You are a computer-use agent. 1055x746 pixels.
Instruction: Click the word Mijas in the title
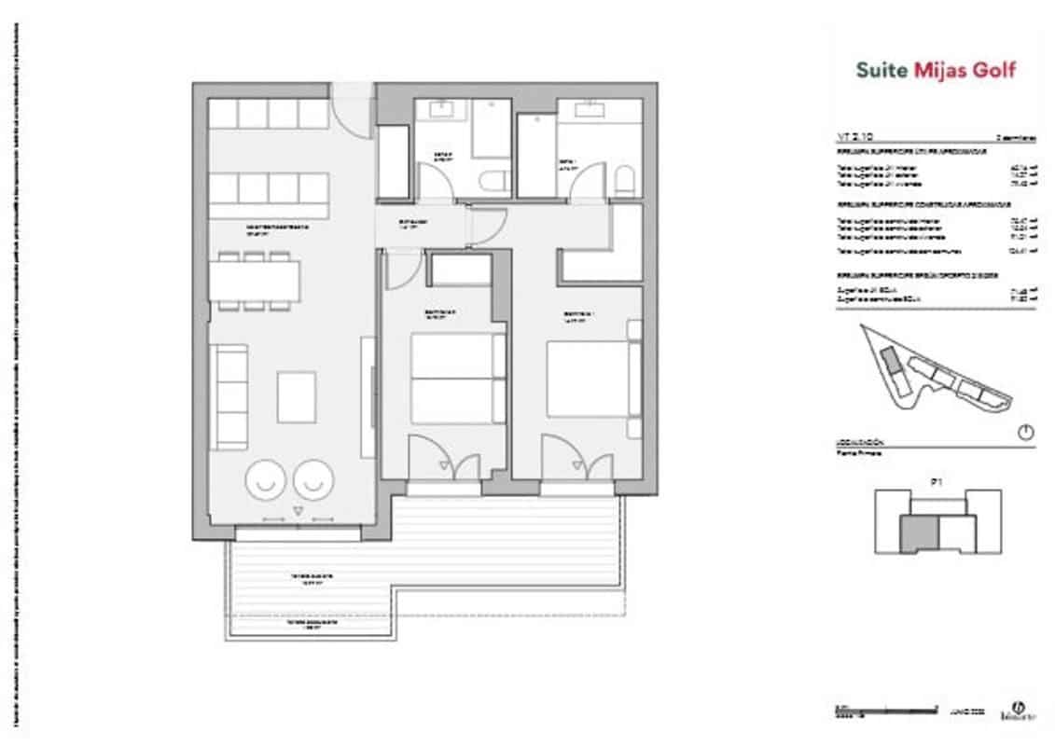pos(937,70)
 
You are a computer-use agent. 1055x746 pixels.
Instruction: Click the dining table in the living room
pos(255,281)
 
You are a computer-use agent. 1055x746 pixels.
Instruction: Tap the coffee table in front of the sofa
pos(297,396)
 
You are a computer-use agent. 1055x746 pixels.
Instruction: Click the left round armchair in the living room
pos(265,479)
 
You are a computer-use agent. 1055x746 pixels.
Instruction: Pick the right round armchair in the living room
pos(313,479)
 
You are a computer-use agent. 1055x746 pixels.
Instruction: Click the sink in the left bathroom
pos(442,111)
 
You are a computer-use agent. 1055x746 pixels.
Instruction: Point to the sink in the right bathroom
pos(590,111)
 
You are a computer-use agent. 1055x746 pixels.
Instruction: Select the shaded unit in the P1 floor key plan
pos(917,533)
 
